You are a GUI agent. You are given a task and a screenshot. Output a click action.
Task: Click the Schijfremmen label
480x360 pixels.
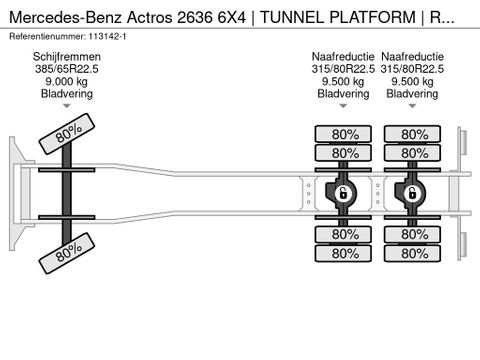[68, 58]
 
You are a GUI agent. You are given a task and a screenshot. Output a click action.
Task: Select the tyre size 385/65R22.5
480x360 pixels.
[68, 71]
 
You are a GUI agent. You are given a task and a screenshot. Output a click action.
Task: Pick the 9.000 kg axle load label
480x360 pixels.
[68, 83]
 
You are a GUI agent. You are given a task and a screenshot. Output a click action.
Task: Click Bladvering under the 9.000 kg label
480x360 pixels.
[68, 95]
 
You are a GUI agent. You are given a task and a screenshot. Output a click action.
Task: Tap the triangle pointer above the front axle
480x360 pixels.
[68, 106]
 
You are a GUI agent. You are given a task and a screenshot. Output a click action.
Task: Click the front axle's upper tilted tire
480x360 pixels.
[67, 132]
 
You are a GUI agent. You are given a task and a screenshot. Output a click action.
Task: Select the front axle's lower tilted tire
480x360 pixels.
[67, 253]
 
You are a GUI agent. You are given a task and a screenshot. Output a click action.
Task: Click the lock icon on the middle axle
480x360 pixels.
[342, 193]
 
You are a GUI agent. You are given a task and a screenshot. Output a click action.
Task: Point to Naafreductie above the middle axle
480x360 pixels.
[342, 58]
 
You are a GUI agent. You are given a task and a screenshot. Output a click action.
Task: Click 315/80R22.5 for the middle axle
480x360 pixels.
[342, 71]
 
